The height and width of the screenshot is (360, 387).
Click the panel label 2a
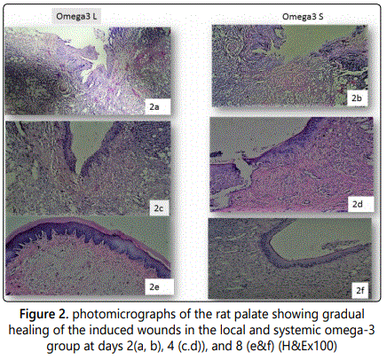(154, 106)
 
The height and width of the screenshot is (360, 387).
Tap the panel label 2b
(357, 98)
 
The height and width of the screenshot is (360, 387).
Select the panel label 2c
(158, 208)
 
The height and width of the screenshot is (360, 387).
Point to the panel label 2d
(357, 204)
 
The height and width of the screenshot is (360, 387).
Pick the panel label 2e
(154, 287)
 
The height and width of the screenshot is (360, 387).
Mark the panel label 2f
(360, 291)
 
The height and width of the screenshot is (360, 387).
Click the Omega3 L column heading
(76, 16)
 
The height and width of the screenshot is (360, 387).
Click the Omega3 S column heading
(303, 17)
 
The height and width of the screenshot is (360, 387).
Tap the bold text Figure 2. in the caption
(44, 315)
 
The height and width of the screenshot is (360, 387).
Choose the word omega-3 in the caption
(349, 331)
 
